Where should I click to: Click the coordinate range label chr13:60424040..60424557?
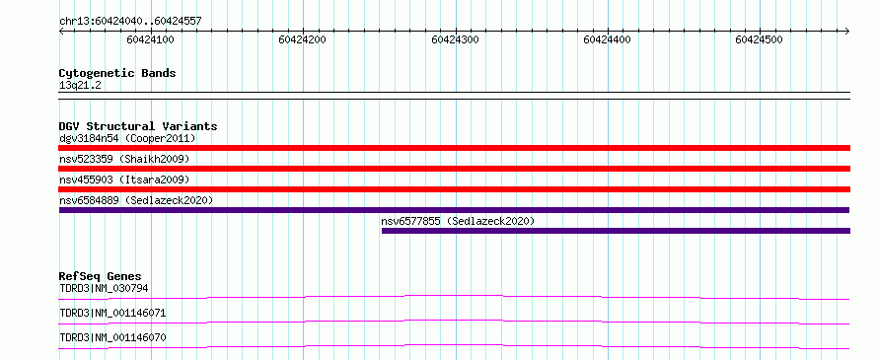130,22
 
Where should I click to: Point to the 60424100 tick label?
150,39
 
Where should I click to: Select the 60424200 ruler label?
303,39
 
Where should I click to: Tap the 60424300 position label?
455,39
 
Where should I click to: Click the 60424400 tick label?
607,39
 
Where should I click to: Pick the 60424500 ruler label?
760,39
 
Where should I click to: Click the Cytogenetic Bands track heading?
117,73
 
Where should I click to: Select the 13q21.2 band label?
80,86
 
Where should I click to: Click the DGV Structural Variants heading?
138,126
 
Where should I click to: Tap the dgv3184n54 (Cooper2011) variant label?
127,138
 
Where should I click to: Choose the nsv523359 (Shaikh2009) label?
125,159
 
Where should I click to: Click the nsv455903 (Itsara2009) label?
125,180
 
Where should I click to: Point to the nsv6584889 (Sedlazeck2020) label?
136,200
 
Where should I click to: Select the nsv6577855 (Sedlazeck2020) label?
458,221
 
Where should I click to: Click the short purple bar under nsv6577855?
616,231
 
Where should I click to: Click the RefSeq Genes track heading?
101,276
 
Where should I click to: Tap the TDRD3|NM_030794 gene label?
104,289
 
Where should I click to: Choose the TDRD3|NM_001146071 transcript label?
112,313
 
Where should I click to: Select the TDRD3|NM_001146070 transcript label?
112,337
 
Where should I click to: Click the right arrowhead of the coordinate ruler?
847,31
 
